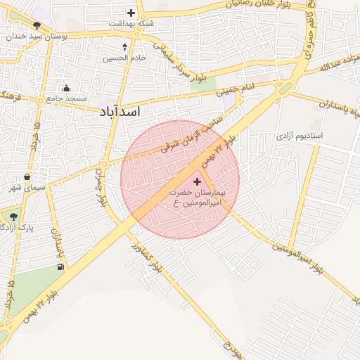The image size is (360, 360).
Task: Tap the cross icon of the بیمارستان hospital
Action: coord(196,182)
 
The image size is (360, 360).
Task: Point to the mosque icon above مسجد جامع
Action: coord(66,88)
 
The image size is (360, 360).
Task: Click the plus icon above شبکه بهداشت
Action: coord(131,13)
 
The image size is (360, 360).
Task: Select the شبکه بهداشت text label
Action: coord(131,23)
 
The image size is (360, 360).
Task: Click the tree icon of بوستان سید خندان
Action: coord(37,25)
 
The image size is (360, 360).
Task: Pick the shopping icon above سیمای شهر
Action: coord(27,176)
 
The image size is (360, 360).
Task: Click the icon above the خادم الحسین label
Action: coord(124,47)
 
